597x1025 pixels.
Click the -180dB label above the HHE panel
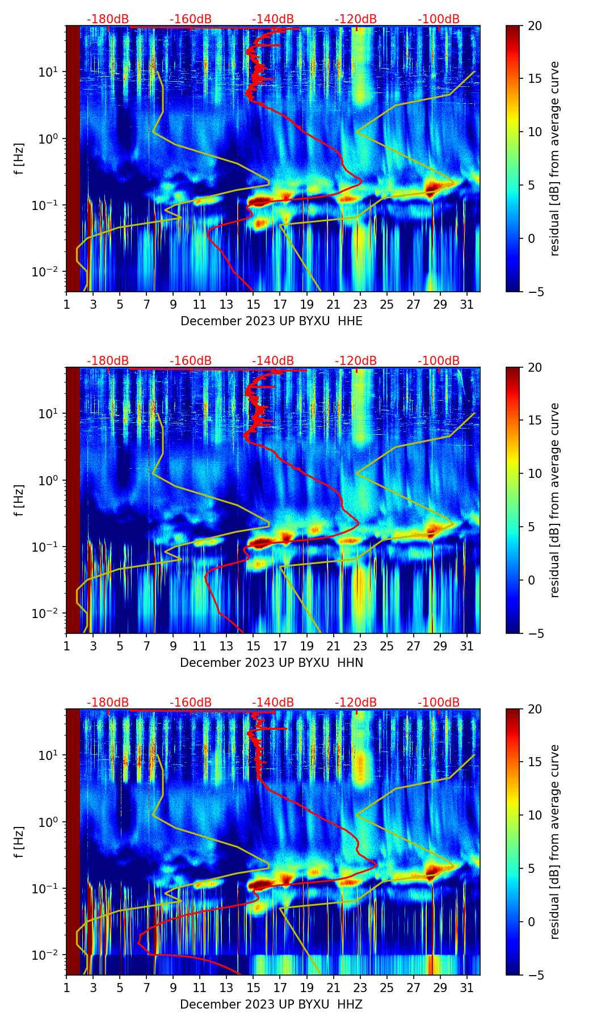(x=108, y=19)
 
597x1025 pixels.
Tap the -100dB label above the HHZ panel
(x=439, y=703)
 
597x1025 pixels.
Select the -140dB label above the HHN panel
(x=273, y=361)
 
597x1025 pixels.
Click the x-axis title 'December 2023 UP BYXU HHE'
(x=271, y=321)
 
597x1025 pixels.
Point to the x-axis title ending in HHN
(x=271, y=663)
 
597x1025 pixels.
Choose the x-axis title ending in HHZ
(x=271, y=1005)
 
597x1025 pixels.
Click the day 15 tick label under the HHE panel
(x=253, y=304)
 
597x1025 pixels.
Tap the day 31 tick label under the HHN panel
(x=466, y=646)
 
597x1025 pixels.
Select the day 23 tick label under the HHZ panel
(x=360, y=988)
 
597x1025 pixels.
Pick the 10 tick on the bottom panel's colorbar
(x=535, y=816)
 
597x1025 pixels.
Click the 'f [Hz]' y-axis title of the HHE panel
(x=19, y=159)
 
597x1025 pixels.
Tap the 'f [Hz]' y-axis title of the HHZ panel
(x=19, y=842)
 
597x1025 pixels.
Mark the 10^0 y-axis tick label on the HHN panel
(x=48, y=480)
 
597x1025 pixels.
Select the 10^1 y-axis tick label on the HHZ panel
(x=48, y=755)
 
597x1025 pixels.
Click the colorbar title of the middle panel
(x=554, y=500)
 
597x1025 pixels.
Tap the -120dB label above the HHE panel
(x=356, y=19)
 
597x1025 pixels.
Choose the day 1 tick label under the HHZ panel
(x=66, y=988)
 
